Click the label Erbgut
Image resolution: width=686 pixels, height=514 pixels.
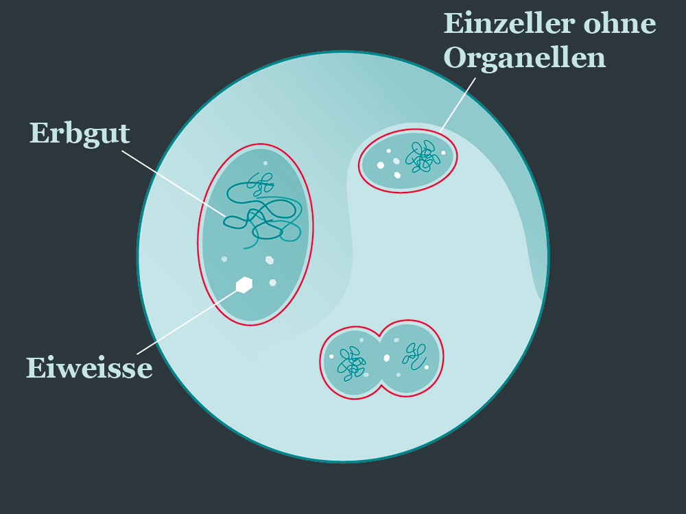(x=80, y=133)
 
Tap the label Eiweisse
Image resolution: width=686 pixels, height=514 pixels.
(x=89, y=368)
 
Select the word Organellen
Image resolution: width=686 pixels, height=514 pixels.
(x=525, y=58)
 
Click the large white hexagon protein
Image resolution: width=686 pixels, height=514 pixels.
(x=244, y=284)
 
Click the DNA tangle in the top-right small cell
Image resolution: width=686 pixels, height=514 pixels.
(x=423, y=157)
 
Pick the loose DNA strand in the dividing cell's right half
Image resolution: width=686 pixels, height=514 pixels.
(x=413, y=354)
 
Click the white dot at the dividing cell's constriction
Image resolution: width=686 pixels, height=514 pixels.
(x=386, y=358)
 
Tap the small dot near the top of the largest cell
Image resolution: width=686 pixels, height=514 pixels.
(x=265, y=163)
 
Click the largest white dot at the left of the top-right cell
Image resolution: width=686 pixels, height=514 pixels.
(x=380, y=164)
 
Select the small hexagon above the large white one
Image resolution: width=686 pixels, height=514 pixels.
(x=270, y=260)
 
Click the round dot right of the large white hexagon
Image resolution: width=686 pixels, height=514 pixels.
(x=272, y=282)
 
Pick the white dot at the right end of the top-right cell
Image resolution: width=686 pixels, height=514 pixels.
(x=443, y=153)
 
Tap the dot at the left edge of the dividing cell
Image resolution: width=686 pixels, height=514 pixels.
(x=331, y=356)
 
